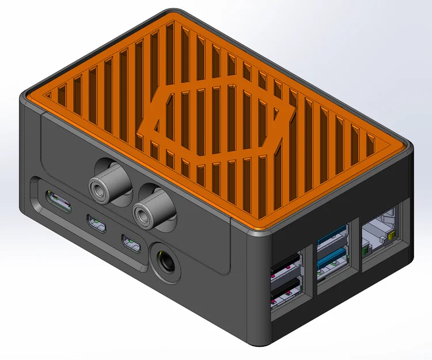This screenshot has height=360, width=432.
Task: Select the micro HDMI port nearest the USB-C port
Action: pyautogui.click(x=96, y=225)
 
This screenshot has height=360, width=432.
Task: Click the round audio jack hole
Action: pyautogui.click(x=166, y=259)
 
